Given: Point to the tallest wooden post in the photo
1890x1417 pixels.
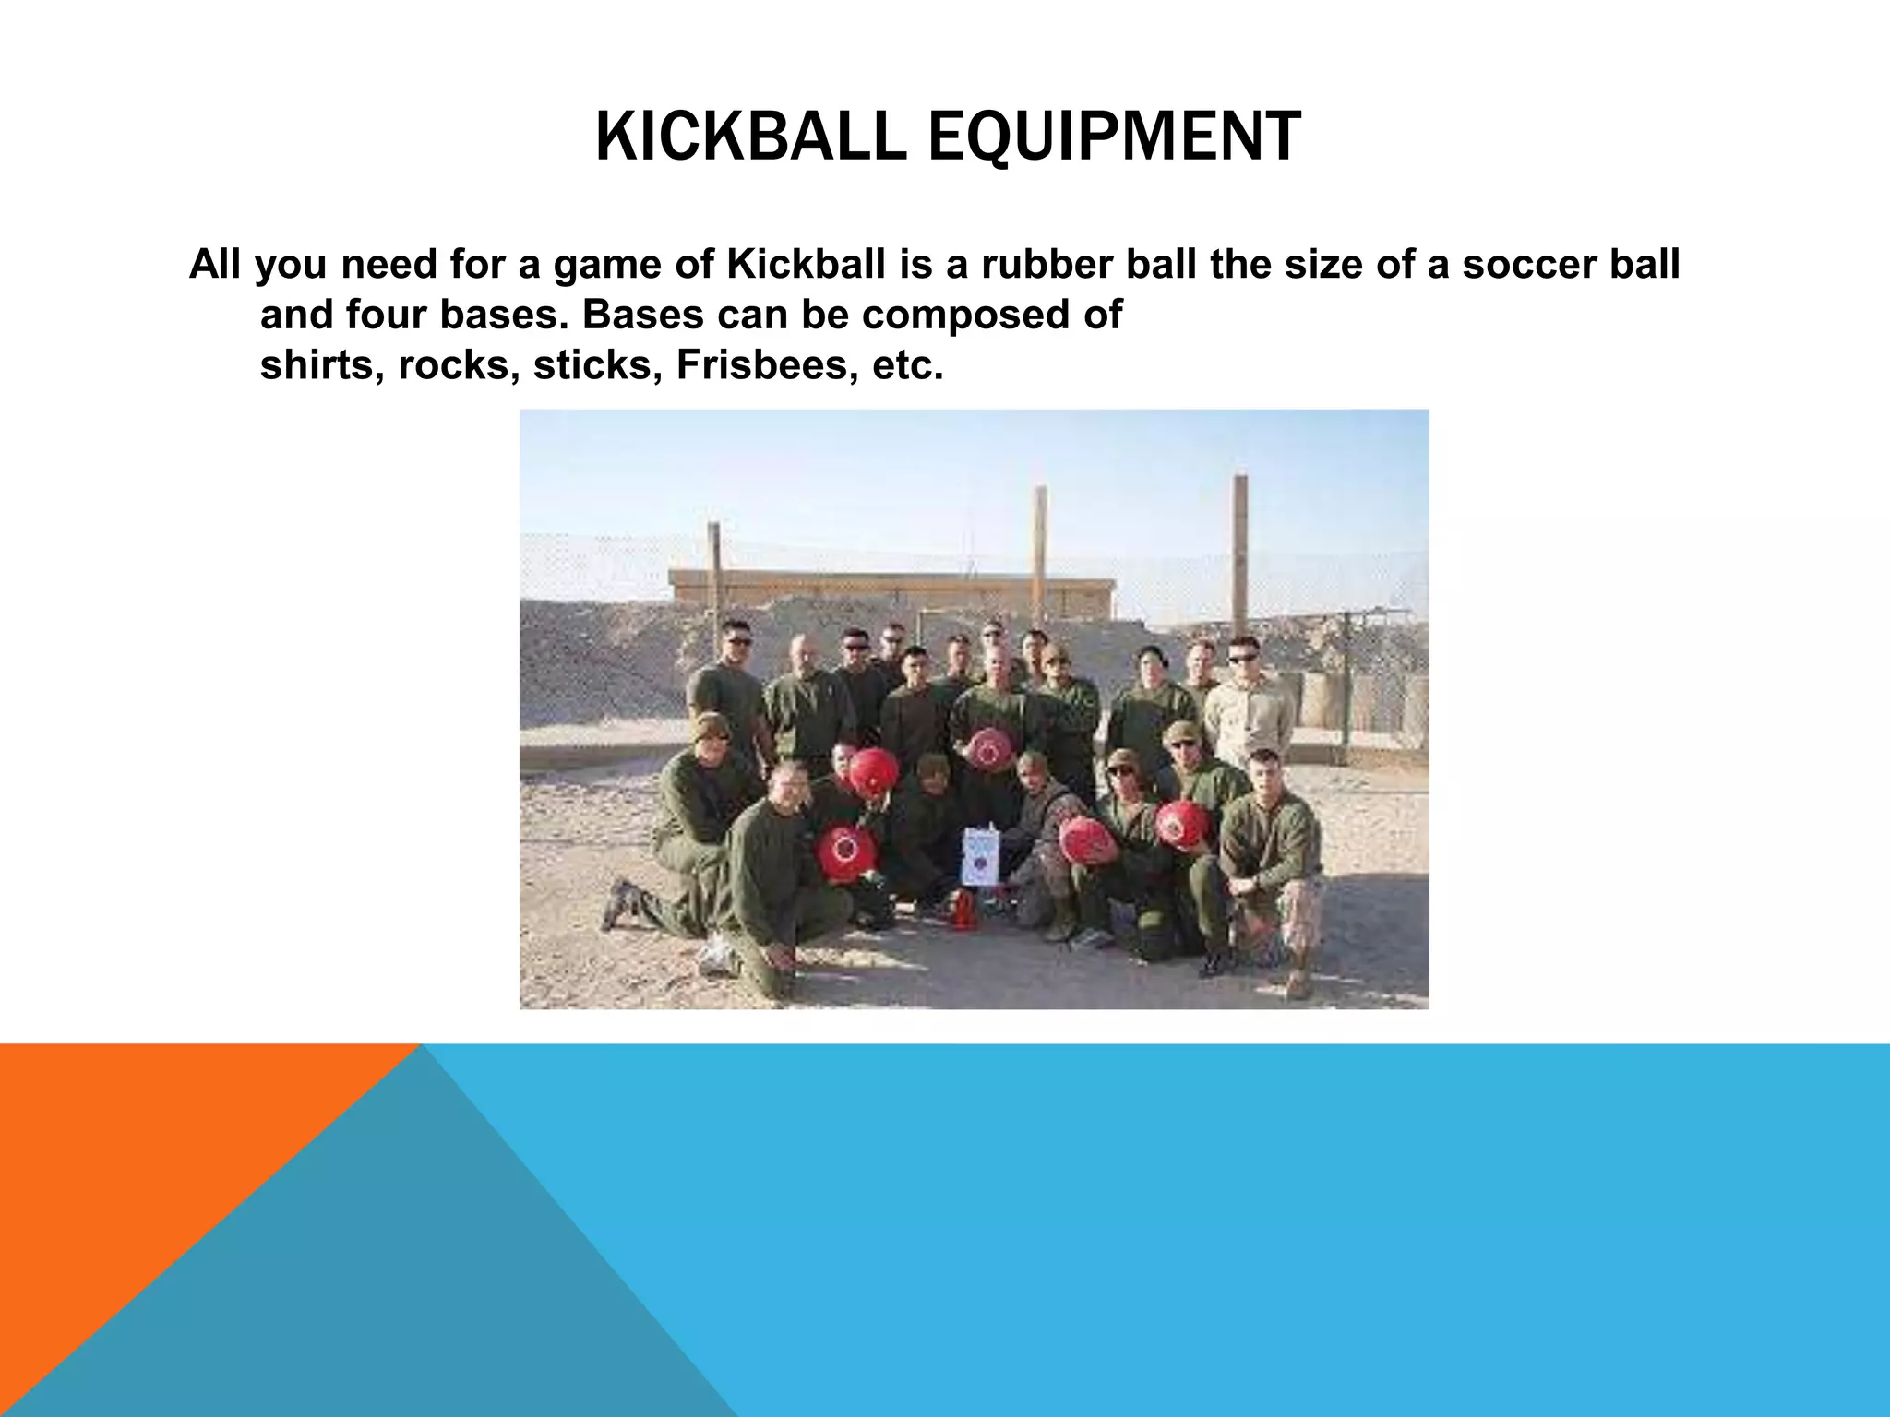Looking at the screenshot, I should (x=1239, y=554).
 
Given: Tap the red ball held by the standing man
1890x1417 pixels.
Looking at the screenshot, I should (x=988, y=747).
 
